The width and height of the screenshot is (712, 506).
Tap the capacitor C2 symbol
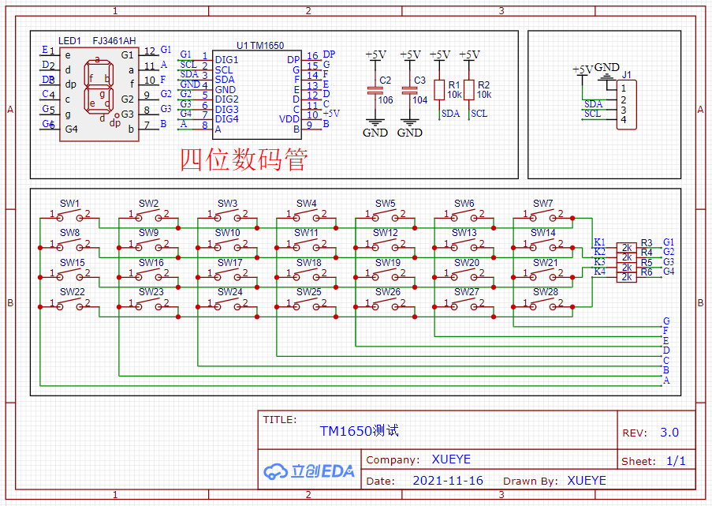tap(375, 90)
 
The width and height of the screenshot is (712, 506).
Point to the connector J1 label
tap(627, 75)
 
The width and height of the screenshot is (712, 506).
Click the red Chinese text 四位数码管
tap(243, 160)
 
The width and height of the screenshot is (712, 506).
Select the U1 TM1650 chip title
tap(260, 47)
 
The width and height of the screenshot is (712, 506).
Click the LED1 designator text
tap(69, 40)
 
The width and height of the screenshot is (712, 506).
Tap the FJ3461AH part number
tap(114, 40)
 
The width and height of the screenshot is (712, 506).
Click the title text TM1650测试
tap(359, 431)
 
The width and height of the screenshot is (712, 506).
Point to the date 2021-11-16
tap(448, 480)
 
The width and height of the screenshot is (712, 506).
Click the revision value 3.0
tap(669, 433)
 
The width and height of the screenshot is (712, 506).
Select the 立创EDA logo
tap(309, 471)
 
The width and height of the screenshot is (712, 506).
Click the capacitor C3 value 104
tap(419, 100)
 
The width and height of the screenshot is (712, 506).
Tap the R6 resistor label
tap(647, 272)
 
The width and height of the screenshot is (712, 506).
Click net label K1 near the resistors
tap(599, 242)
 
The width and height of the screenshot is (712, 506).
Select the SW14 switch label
tap(543, 233)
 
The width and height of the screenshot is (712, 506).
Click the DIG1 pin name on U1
tap(226, 60)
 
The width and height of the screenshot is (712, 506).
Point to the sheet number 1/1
tap(676, 461)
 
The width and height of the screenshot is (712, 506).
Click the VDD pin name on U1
tap(290, 118)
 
